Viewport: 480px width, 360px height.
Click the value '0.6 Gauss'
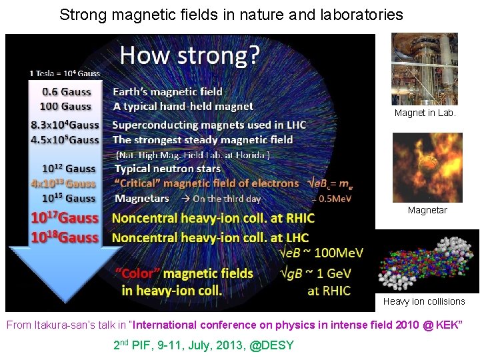[x=67, y=91]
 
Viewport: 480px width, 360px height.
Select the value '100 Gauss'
[x=67, y=106]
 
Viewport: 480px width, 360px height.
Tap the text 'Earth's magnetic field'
[x=167, y=91]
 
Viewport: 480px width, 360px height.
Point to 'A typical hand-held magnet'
[x=183, y=106]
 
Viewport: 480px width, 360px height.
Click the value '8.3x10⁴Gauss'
[x=65, y=125]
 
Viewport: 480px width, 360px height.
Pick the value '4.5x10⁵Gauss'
[x=65, y=139]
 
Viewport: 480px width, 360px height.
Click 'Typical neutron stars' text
[x=167, y=169]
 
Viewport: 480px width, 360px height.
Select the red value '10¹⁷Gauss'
[x=65, y=218]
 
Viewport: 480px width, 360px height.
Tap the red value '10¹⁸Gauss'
[x=65, y=237]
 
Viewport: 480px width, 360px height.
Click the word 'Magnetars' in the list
[x=141, y=198]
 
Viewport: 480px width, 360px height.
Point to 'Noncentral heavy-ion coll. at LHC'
[x=210, y=237]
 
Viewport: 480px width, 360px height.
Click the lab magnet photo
[x=424, y=69]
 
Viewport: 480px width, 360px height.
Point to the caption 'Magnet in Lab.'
[x=425, y=113]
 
